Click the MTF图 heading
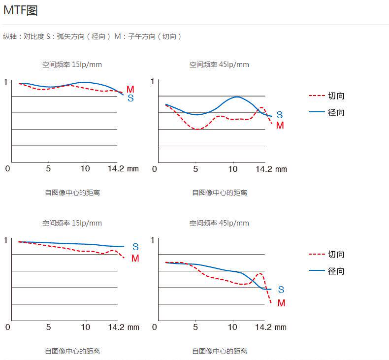[20, 10]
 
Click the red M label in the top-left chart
[130, 89]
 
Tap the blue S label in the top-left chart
[131, 98]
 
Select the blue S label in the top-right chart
[280, 115]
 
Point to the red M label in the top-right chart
[280, 125]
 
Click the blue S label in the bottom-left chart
[135, 247]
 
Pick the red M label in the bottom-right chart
[281, 303]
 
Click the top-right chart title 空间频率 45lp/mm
[219, 65]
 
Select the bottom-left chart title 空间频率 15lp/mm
[72, 223]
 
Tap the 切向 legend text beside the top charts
[336, 96]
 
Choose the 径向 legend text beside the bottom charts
[336, 271]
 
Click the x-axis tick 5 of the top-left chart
[48, 169]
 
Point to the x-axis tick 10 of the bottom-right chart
[232, 327]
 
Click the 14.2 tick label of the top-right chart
[264, 169]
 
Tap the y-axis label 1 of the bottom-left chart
[6, 240]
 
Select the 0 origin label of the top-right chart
[154, 169]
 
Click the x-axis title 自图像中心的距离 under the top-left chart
[72, 193]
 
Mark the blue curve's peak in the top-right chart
[237, 97]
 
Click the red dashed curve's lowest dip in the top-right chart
[197, 129]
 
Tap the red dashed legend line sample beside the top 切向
[317, 96]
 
